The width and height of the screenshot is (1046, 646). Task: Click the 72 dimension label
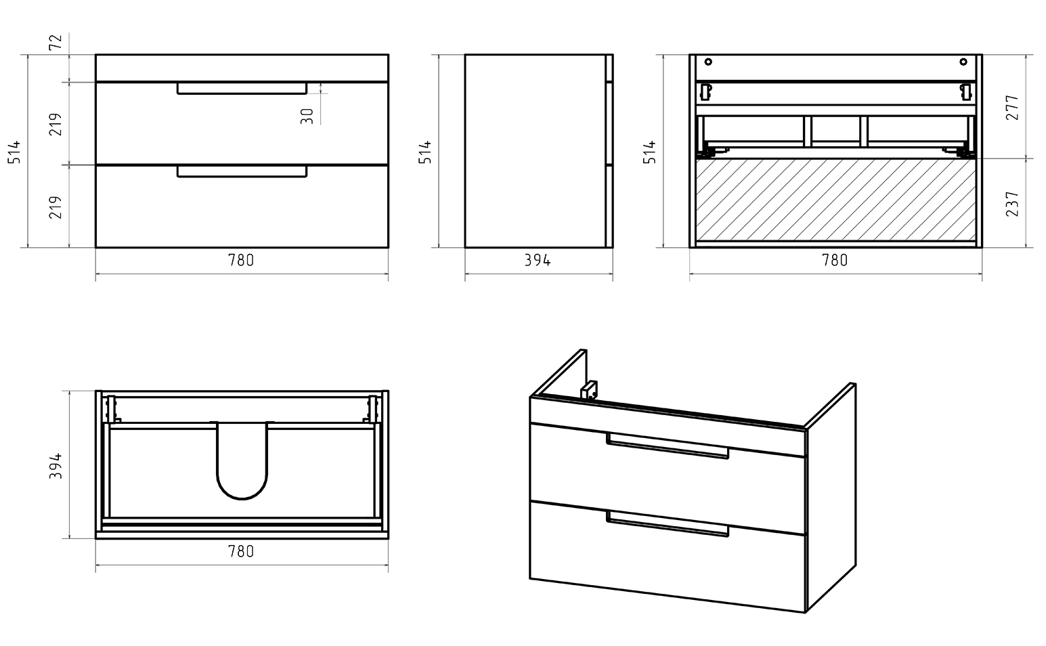(56, 43)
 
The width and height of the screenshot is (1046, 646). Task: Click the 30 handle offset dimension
(307, 116)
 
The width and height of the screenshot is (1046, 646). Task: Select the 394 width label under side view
(538, 260)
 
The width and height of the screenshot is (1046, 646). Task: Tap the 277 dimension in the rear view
(1012, 108)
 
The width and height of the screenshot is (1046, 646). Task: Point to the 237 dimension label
(1012, 203)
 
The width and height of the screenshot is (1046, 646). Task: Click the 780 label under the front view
(241, 260)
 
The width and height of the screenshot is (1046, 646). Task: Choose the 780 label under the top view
(241, 552)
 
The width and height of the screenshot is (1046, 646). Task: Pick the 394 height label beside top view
(56, 466)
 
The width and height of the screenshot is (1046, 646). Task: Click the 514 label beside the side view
(425, 152)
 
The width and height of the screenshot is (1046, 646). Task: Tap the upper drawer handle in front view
(242, 89)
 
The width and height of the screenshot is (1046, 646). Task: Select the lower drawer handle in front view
(242, 172)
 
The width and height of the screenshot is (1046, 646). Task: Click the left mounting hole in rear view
(708, 62)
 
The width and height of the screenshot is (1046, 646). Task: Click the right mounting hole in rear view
(963, 62)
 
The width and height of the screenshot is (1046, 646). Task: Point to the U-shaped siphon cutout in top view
(242, 467)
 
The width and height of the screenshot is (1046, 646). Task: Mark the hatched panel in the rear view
(835, 199)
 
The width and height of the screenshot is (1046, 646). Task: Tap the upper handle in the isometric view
(668, 446)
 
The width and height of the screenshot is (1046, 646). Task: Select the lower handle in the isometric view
(668, 524)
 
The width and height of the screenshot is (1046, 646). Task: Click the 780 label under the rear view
(834, 260)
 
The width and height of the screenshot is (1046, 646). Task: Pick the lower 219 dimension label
(56, 207)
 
